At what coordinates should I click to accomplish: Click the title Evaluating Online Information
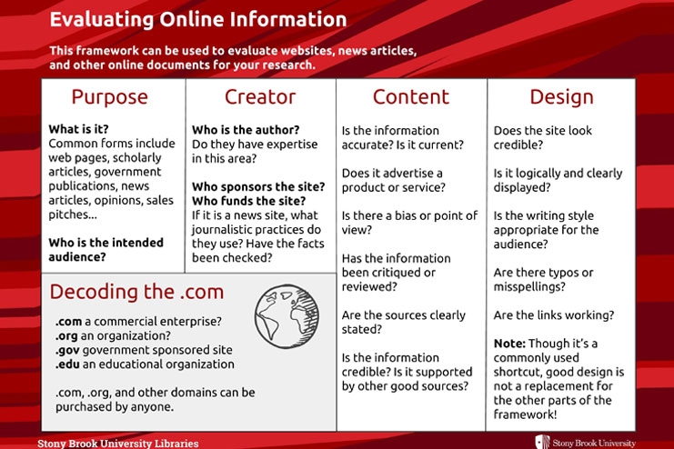[x=198, y=20]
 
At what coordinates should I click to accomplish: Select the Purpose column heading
[x=110, y=97]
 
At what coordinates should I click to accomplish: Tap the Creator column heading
[x=260, y=96]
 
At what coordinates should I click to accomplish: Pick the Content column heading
[x=411, y=96]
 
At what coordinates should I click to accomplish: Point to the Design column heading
[x=561, y=97]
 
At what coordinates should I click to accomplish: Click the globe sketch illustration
[x=287, y=316]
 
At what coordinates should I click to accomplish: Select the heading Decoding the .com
[x=136, y=292]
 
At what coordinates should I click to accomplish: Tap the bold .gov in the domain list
[x=67, y=350]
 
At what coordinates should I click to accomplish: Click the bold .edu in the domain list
[x=67, y=364]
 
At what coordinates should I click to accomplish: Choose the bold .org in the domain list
[x=66, y=336]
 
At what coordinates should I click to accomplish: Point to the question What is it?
[x=78, y=129]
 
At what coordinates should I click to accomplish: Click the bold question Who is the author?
[x=246, y=130]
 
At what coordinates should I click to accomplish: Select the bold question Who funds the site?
[x=249, y=201]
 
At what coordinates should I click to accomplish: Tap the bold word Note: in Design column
[x=509, y=344]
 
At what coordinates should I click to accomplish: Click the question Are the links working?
[x=554, y=315]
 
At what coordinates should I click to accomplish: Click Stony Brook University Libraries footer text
[x=118, y=443]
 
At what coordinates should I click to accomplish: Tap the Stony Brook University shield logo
[x=542, y=442]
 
